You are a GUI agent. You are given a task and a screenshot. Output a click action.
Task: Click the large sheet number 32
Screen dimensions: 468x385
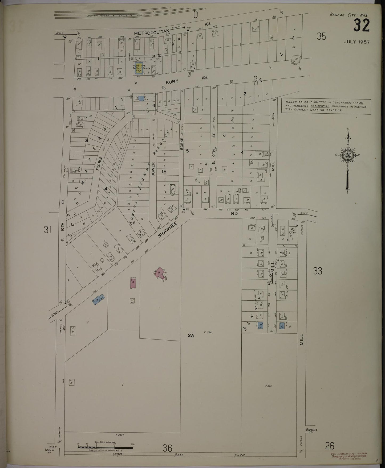tap(362, 26)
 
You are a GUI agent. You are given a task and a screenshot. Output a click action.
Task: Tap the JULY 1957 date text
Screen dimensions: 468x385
tap(356, 42)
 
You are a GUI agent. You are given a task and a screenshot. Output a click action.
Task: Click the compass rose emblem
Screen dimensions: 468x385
tap(347, 156)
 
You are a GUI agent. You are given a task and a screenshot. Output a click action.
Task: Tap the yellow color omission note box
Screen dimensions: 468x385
tap(326, 106)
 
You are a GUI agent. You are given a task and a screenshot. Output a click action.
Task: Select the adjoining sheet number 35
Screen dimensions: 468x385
tap(321, 36)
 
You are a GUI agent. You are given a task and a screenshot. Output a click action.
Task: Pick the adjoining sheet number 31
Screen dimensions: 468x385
tap(47, 229)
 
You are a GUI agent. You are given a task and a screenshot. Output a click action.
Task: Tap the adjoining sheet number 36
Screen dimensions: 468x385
tap(168, 448)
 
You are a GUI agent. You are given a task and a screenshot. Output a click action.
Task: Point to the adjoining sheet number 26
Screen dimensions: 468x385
tap(330, 445)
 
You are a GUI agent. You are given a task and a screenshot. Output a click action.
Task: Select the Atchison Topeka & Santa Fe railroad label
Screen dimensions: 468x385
tap(115, 15)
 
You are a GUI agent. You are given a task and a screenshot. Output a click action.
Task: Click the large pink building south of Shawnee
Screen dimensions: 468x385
tap(160, 273)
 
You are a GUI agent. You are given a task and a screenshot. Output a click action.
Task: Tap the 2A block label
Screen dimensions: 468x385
tap(191, 336)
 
